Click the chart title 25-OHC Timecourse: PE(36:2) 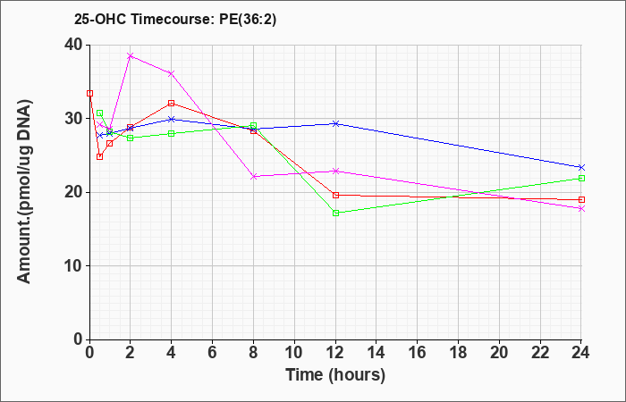[x=175, y=19]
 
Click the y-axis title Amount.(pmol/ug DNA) [x=25, y=191]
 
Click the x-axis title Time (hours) [x=335, y=375]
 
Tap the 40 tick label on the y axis [x=73, y=45]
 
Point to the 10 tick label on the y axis [x=73, y=266]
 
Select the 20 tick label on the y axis [x=73, y=192]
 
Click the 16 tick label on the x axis [x=418, y=353]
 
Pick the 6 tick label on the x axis [x=212, y=353]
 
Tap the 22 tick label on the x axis [x=540, y=353]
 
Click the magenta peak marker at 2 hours [x=131, y=55]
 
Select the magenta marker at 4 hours [x=172, y=73]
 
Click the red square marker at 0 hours [x=89, y=93]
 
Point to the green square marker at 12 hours [x=335, y=213]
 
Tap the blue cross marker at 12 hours [x=335, y=123]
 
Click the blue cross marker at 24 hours [x=581, y=167]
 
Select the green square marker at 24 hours [x=581, y=179]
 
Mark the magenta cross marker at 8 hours [x=253, y=176]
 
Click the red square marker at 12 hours [x=335, y=195]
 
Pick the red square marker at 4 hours [x=172, y=104]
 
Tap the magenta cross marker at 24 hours [x=581, y=208]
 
